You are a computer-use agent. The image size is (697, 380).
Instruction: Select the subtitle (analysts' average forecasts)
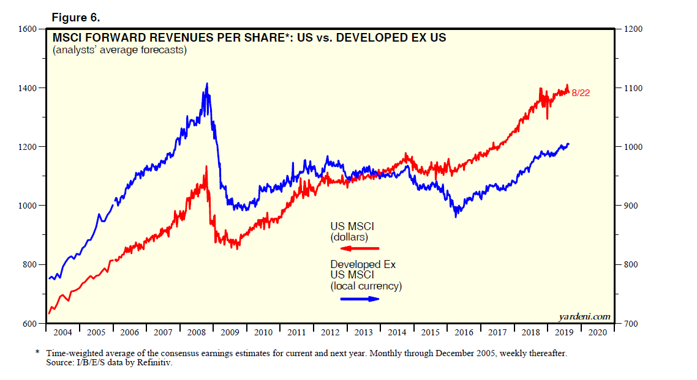119,50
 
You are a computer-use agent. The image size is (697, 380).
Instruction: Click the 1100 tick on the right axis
635,88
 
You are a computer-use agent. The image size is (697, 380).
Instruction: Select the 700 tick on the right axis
632,323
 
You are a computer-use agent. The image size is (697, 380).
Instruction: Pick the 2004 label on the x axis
62,332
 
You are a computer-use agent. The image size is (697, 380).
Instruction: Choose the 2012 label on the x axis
330,332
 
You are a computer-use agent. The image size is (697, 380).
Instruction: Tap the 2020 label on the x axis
597,332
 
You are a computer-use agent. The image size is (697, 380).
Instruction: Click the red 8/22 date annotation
580,93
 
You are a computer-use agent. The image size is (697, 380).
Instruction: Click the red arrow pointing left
360,248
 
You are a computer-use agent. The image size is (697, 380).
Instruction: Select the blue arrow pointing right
360,299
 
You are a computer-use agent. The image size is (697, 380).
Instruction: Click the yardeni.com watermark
585,316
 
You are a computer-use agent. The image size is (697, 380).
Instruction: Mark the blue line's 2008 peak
207,84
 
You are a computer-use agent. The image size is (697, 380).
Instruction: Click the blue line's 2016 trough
456,216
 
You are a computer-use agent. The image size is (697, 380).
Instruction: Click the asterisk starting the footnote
38,353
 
